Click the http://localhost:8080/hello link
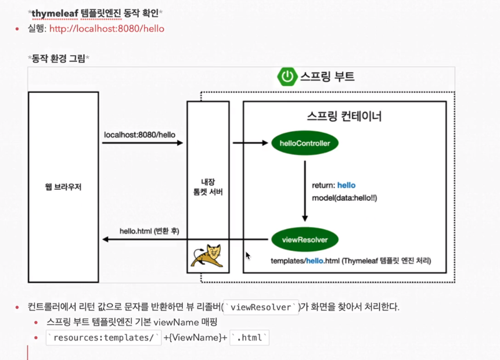pyautogui.click(x=107, y=28)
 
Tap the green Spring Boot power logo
pyautogui.click(x=287, y=77)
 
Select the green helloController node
pyautogui.click(x=305, y=143)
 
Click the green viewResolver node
pyautogui.click(x=304, y=239)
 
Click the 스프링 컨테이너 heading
pyautogui.click(x=344, y=116)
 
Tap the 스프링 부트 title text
pyautogui.click(x=326, y=77)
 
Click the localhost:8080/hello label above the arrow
pyautogui.click(x=139, y=135)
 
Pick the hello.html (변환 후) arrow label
pyautogui.click(x=149, y=231)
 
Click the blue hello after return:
pyautogui.click(x=346, y=185)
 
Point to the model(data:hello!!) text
pyautogui.click(x=346, y=198)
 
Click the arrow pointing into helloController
pyautogui.click(x=250, y=143)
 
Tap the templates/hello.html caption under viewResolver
pyautogui.click(x=351, y=261)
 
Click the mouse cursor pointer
pyautogui.click(x=247, y=255)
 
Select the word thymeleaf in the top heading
pyautogui.click(x=55, y=12)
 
